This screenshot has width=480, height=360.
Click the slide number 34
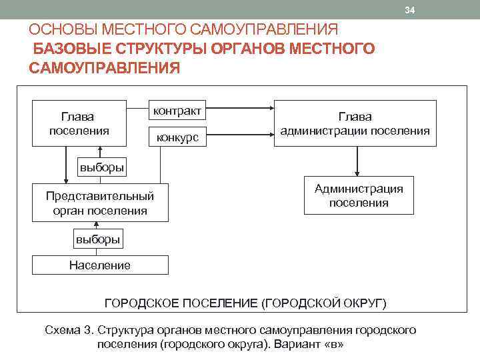(410, 11)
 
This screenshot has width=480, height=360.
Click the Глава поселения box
(79, 123)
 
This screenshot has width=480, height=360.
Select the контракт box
(177, 109)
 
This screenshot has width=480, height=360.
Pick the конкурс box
(177, 137)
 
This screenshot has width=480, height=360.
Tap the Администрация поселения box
(359, 195)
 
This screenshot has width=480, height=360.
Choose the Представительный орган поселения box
(100, 203)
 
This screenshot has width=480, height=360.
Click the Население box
(100, 265)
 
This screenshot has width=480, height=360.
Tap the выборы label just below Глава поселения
(101, 167)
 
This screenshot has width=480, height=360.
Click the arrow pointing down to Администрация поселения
(358, 161)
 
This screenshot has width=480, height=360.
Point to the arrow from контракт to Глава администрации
(241, 109)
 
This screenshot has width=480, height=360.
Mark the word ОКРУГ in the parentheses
(361, 303)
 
